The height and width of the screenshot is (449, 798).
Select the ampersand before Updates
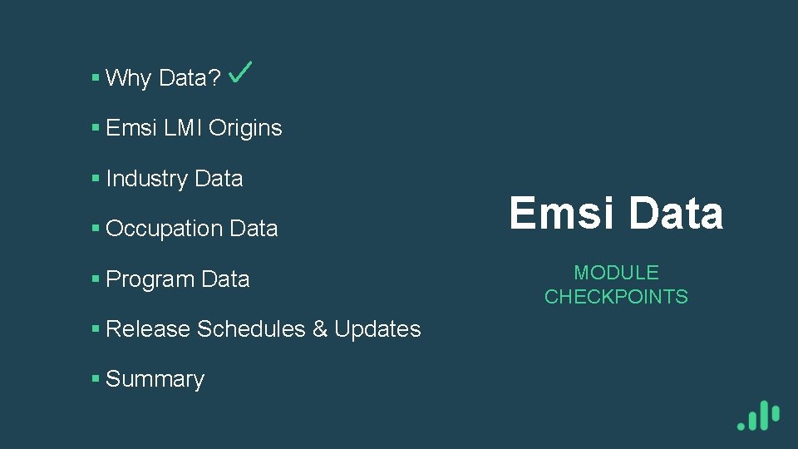(320, 329)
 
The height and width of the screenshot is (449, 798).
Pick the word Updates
(377, 329)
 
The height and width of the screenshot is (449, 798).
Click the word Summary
(155, 379)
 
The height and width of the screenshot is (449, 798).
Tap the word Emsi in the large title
(563, 213)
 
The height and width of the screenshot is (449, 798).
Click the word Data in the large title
(676, 213)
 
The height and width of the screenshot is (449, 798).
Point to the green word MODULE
(616, 273)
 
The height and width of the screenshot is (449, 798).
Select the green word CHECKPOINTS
(616, 297)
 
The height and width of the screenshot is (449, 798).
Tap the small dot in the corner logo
(741, 425)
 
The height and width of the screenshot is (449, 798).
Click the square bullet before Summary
(96, 379)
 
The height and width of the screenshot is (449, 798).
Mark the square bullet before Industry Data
(96, 179)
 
